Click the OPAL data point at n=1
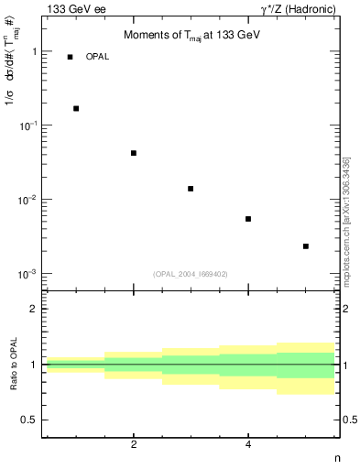[x=76, y=108]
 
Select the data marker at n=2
[x=134, y=153]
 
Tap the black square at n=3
[x=191, y=189]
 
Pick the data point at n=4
[x=248, y=219]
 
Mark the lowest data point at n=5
[x=306, y=246]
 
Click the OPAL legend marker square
[x=70, y=57]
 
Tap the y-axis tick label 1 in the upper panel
[x=34, y=51]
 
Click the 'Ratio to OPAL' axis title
[x=13, y=365]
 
